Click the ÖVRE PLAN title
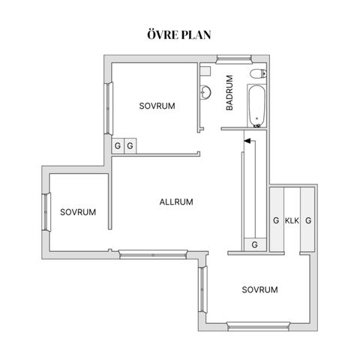coord(179,34)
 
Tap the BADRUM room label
coord(229,92)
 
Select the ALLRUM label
coord(176,202)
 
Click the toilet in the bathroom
coord(258,73)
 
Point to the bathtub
coord(256,106)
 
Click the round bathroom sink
coord(205,92)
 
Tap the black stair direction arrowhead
coord(247,141)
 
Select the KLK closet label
coord(292,220)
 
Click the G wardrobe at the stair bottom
coord(255,244)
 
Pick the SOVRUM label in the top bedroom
coord(157,106)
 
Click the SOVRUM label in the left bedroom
coord(78,212)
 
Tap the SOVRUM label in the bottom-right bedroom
coord(259,289)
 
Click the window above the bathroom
coord(234,59)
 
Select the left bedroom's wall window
coord(46,212)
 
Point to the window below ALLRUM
coord(153,254)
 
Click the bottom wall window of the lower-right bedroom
coord(258,326)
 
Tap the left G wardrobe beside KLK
coord(277,220)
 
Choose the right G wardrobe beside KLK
coord(307,220)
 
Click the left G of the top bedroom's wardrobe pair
coord(118,145)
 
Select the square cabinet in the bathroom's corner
coord(205,70)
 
